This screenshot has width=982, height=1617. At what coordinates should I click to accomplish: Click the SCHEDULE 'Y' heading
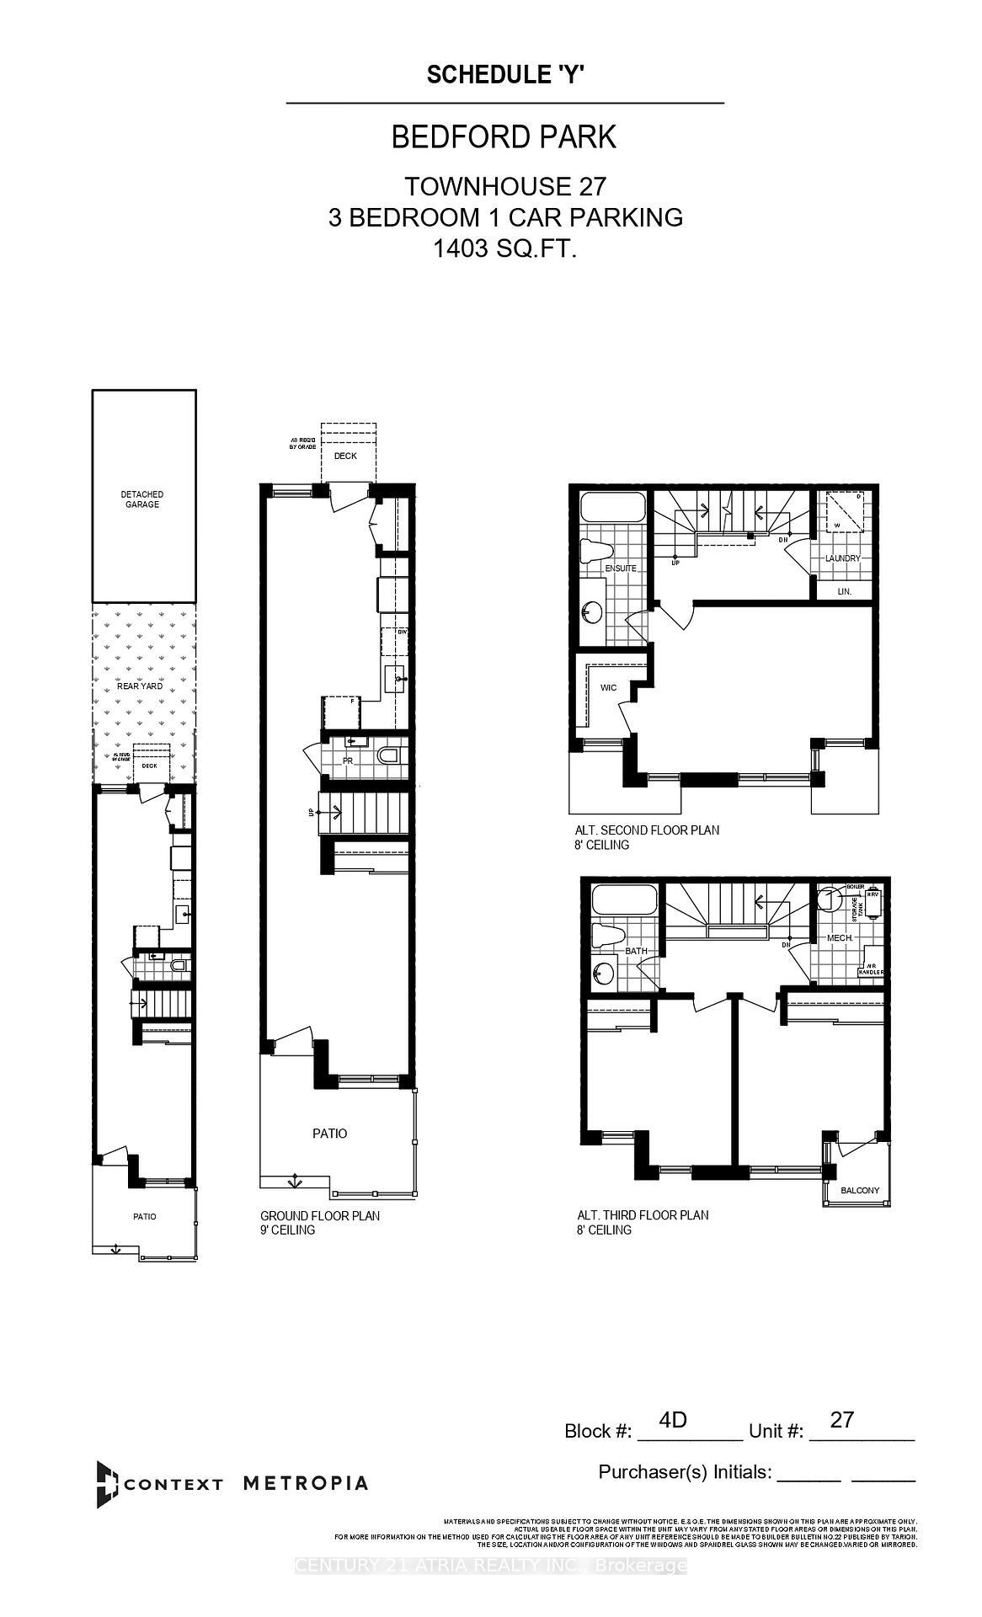505,75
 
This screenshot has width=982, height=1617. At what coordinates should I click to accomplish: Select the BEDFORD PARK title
504,137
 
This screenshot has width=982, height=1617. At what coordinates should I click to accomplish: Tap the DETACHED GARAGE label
141,499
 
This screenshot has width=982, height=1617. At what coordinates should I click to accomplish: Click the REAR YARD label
140,686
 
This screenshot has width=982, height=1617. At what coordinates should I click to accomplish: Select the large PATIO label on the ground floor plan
329,1134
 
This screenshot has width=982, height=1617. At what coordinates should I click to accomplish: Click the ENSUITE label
620,568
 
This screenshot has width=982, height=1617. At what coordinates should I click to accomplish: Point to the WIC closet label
608,688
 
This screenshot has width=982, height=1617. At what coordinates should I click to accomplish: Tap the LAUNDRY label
843,558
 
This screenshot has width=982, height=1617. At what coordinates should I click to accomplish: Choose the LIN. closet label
844,592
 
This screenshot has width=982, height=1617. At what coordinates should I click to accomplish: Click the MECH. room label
841,937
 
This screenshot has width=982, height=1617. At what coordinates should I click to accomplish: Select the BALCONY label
859,1191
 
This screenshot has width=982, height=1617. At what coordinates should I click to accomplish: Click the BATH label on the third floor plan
635,952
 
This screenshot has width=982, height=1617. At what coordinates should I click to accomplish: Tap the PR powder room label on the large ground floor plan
346,760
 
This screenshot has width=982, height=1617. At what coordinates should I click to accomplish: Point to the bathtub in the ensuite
613,510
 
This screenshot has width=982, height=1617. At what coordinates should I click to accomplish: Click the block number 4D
673,1420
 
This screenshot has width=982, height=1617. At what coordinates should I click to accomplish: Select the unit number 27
841,1420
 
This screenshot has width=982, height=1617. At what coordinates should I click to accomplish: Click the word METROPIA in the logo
305,1483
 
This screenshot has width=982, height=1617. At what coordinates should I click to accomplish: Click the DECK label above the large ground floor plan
345,456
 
